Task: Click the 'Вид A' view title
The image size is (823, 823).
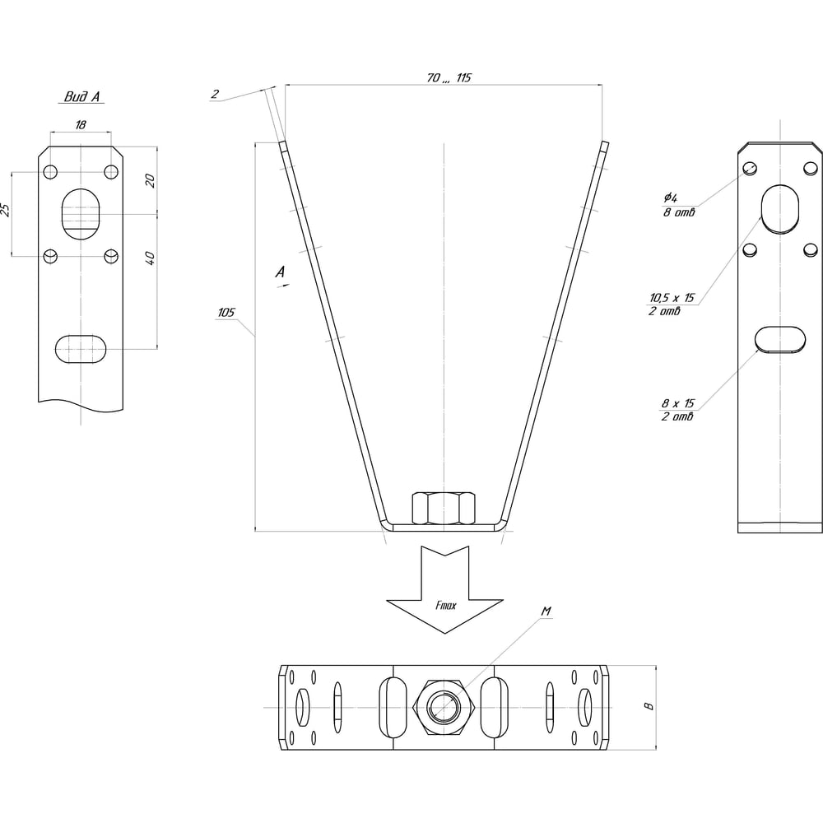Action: click(x=81, y=96)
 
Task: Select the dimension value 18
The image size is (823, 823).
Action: click(x=81, y=125)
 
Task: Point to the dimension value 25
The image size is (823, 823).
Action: click(x=5, y=209)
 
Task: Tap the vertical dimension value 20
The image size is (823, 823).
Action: click(x=150, y=180)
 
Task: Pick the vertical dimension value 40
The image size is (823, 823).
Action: click(x=150, y=258)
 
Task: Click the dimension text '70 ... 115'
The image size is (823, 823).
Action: click(x=449, y=77)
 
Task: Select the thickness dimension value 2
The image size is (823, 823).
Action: click(x=215, y=94)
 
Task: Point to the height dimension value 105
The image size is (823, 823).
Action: click(x=226, y=312)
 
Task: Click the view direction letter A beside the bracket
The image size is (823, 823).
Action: click(x=281, y=272)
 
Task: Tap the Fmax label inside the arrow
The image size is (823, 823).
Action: click(x=445, y=605)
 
